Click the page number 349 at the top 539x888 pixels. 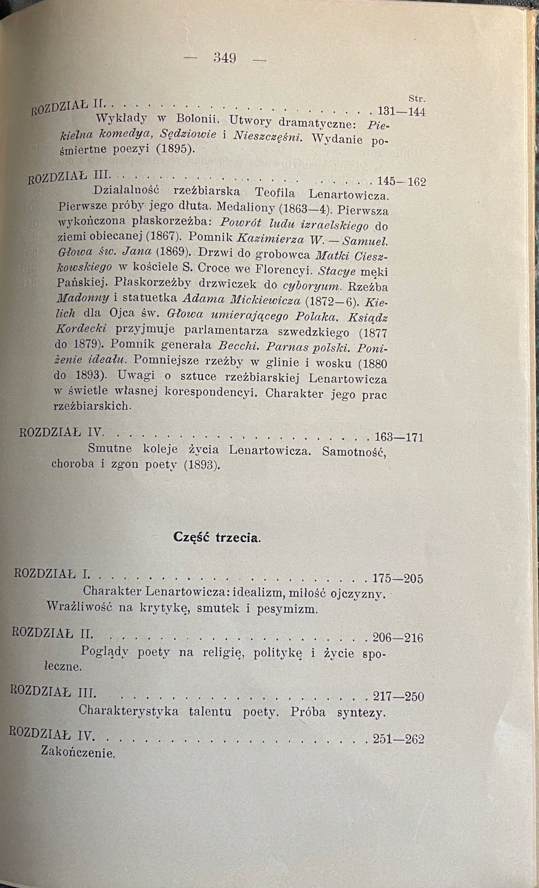coord(225,58)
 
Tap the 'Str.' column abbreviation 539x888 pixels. coord(417,99)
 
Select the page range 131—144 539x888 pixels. coord(402,112)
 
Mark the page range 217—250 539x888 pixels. coord(398,696)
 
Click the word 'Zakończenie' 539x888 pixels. coord(78,753)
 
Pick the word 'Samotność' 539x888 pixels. coord(354,451)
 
